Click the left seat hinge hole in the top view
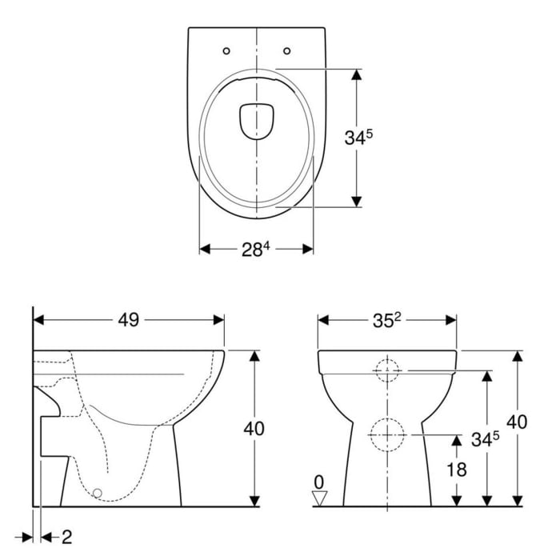(x=226, y=51)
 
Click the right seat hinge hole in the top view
(x=286, y=51)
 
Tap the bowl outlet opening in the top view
(x=257, y=120)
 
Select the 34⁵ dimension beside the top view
(x=358, y=137)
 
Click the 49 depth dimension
(x=129, y=320)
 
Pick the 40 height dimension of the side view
(x=254, y=428)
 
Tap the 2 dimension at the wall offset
(x=66, y=535)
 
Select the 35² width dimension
(x=387, y=320)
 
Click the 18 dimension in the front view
(x=456, y=470)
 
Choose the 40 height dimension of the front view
(x=518, y=422)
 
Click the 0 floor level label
(x=319, y=482)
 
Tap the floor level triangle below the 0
(x=320, y=498)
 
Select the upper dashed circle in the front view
(x=387, y=370)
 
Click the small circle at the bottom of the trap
(x=98, y=494)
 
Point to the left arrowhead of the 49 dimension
(x=39, y=320)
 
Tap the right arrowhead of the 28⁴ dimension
(x=308, y=250)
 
